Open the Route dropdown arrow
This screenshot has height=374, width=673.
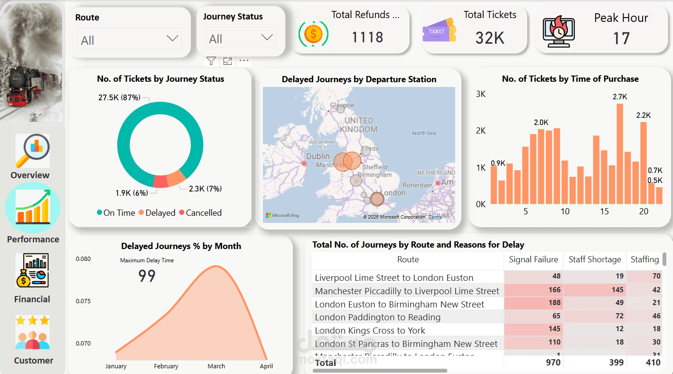(x=172, y=38)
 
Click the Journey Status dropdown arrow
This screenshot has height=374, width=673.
(x=267, y=38)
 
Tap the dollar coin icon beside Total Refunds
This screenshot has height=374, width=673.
(x=313, y=34)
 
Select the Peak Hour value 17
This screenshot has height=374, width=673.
(x=621, y=38)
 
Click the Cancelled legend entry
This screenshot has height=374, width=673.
(x=203, y=213)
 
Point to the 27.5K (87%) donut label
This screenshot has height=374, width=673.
(x=119, y=98)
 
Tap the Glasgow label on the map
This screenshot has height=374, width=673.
(x=342, y=105)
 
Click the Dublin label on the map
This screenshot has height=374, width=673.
(x=318, y=156)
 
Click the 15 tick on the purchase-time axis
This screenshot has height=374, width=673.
(x=604, y=211)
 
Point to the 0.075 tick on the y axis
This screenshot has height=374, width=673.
(x=83, y=301)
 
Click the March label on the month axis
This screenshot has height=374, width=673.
(x=216, y=366)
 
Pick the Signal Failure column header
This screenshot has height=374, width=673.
(x=533, y=259)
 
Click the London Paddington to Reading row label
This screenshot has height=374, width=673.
(x=377, y=317)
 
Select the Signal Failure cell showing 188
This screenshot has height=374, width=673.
(x=553, y=303)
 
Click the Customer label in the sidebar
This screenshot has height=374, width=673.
(x=33, y=361)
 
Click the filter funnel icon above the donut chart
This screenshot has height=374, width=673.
(x=211, y=61)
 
